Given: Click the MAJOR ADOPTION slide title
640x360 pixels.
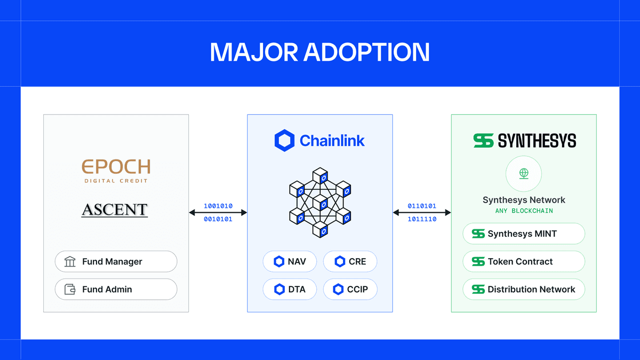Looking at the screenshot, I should click(x=320, y=52).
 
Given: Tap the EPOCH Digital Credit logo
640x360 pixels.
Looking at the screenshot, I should click(x=116, y=170).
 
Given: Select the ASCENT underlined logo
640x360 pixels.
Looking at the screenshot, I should click(x=115, y=210).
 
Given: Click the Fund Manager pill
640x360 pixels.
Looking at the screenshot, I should click(x=116, y=262).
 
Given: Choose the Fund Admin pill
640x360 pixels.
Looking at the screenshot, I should click(x=116, y=290).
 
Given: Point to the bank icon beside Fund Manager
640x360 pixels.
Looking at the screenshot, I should click(x=70, y=262).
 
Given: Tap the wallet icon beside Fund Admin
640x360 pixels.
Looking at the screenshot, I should click(x=70, y=290).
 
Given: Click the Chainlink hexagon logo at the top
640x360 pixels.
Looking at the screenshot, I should click(x=284, y=141).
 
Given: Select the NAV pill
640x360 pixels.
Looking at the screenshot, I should click(x=289, y=262).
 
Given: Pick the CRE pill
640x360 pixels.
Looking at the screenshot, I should click(x=350, y=262).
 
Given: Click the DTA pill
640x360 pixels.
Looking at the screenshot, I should click(x=289, y=290).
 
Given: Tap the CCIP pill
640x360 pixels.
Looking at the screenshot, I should click(x=350, y=290).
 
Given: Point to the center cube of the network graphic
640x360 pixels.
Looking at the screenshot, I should click(x=320, y=203).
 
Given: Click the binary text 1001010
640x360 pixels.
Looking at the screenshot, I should click(x=218, y=206).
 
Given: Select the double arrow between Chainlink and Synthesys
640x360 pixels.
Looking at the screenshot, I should click(x=422, y=213).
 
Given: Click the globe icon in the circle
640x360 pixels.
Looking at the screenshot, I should click(x=524, y=174).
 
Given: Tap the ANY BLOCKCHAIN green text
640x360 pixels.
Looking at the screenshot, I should click(x=524, y=211).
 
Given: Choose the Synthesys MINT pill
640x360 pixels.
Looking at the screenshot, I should click(x=524, y=234).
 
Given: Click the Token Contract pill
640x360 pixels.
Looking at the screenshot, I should click(x=524, y=262).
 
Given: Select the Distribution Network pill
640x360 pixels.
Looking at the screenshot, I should click(x=524, y=290).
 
